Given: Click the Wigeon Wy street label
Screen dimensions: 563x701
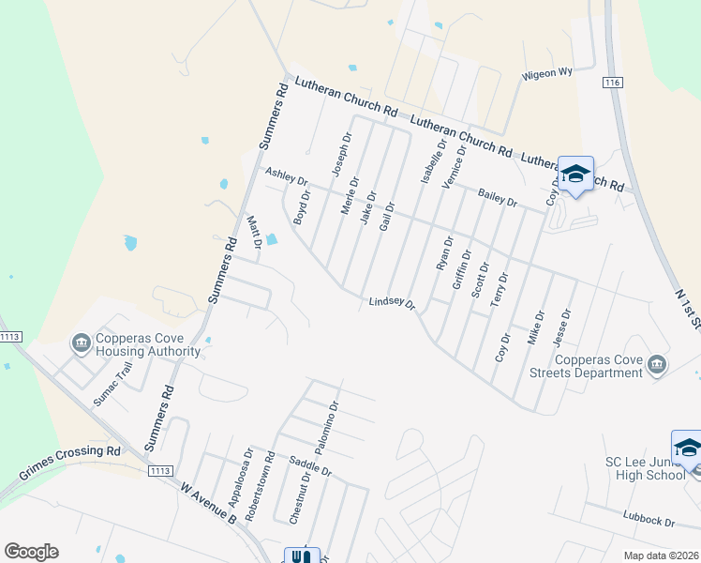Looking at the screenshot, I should click(547, 73).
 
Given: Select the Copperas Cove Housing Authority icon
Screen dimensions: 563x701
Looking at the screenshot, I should click(82, 343).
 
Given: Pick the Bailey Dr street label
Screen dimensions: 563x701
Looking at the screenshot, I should click(498, 197).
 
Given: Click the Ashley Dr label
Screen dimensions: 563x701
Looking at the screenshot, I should click(287, 175).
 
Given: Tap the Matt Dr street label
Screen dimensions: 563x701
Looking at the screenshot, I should click(253, 232).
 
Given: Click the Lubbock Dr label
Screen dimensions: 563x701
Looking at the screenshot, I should click(649, 518).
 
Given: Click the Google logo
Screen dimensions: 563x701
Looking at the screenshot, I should click(31, 552).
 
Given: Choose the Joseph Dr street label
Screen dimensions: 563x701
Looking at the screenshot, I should click(341, 154).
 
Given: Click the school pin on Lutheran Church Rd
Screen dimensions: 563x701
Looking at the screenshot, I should click(575, 175).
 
